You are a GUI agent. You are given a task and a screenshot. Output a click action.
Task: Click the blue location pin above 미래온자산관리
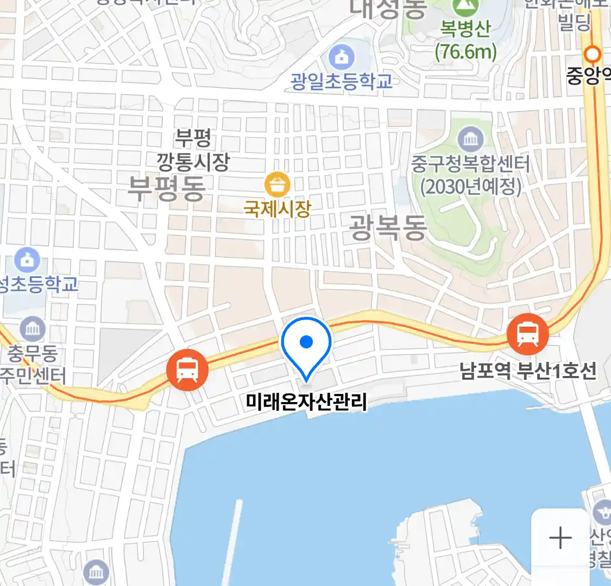pos(306,343)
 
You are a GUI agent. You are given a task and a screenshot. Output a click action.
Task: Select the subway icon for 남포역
pos(527,334)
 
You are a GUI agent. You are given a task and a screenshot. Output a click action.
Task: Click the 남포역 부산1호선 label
pos(528,371)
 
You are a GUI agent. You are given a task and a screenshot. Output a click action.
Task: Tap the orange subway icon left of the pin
pos(187,370)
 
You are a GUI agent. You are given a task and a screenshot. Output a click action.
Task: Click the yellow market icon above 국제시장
pos(278,185)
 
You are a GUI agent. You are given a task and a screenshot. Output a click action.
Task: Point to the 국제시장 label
pos(278,208)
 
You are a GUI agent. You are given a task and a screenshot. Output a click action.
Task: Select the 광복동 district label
pos(387,227)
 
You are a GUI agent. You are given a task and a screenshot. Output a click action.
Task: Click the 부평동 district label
pos(166,189)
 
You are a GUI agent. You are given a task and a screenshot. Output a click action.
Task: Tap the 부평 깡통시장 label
pos(193,150)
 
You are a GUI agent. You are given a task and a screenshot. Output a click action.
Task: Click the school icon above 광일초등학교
pos(342,56)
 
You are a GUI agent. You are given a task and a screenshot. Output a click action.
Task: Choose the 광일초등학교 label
pos(342,81)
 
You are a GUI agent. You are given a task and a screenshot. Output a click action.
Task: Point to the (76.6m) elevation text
pos(466,52)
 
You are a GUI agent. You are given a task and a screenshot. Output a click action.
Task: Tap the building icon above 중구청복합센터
pos(470,139)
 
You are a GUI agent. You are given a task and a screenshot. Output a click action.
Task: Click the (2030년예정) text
pos(471,187)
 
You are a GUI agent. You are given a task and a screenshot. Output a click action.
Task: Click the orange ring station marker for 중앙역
pos(592,54)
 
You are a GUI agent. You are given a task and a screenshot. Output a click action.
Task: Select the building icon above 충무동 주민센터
pos(33,329)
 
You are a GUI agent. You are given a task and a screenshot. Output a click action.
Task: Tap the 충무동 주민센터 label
pos(33,365)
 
